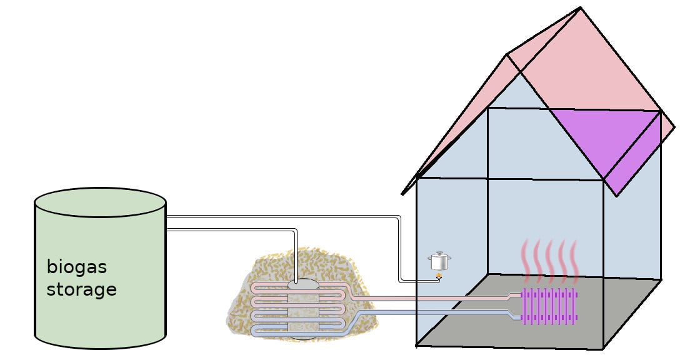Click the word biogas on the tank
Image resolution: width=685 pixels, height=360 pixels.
point(77,268)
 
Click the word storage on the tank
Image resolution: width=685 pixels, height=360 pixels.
point(81,290)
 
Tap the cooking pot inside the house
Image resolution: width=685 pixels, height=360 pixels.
point(439,261)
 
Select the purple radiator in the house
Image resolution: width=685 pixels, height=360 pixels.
point(549,306)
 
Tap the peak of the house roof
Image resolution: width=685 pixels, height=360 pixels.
point(581,8)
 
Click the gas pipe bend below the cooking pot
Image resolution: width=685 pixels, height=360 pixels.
point(401,282)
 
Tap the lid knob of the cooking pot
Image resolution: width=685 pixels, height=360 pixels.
point(439,252)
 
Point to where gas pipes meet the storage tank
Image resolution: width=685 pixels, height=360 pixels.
point(167,223)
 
